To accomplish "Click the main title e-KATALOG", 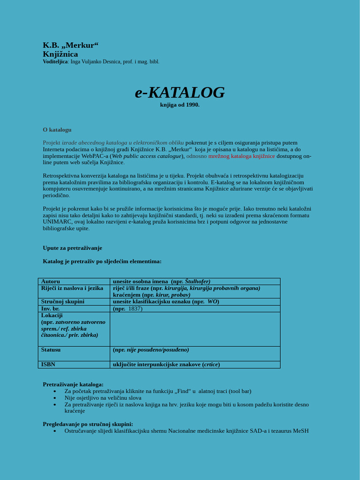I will tap(180, 93).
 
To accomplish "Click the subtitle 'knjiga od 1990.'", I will tap(180, 105).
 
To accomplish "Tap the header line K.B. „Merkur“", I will tap(71, 45).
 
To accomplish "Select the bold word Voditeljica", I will tap(55, 62).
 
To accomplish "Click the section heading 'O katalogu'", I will tap(57, 130).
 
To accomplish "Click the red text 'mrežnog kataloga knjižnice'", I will tap(241, 156).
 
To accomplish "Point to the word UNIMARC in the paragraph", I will tap(57, 222).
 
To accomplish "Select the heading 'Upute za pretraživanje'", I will tap(72, 248).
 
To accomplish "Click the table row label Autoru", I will tap(51, 281).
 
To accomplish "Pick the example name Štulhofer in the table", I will tap(197, 281).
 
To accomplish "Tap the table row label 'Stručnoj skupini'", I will tap(63, 302).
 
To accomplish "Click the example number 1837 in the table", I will tap(135, 309).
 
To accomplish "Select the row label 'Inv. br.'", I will tap(51, 309).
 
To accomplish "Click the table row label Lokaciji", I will tap(52, 315).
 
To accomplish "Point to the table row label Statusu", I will tap(51, 350).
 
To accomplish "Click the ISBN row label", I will tap(48, 365).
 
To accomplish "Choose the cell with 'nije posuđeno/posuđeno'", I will tap(157, 350).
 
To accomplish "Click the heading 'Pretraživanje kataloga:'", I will tap(73, 384).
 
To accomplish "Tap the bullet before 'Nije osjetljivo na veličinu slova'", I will tap(55, 398).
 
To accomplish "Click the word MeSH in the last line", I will tap(300, 431).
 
